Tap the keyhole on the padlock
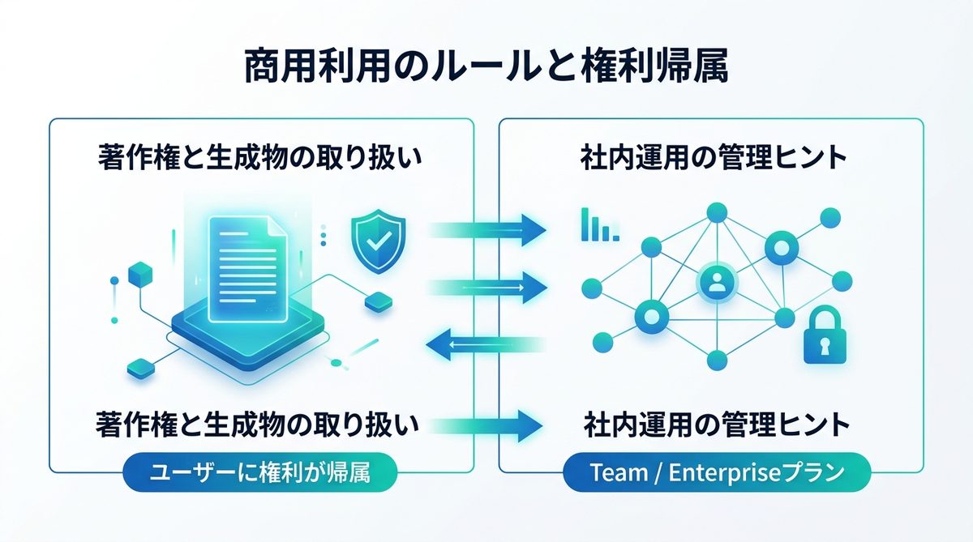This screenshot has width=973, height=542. coord(825,346)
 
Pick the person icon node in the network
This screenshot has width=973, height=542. coord(715,282)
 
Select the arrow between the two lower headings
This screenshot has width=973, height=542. coord(486,423)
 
